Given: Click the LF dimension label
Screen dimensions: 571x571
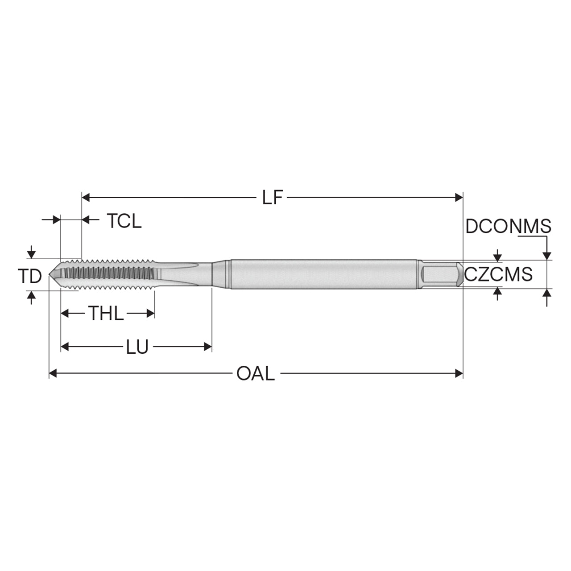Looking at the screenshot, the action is pyautogui.click(x=272, y=197).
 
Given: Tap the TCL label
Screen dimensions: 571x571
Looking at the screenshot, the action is pyautogui.click(x=124, y=221).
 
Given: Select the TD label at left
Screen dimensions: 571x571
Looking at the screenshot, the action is pyautogui.click(x=30, y=276).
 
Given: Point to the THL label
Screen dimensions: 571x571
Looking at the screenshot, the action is pyautogui.click(x=106, y=313).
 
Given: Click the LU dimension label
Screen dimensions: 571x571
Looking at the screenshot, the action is pyautogui.click(x=137, y=347).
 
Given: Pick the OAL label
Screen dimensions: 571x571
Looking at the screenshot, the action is pyautogui.click(x=256, y=374).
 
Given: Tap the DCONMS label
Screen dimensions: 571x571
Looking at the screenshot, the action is pyautogui.click(x=508, y=226).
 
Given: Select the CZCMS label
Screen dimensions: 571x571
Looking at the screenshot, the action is pyautogui.click(x=498, y=274).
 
